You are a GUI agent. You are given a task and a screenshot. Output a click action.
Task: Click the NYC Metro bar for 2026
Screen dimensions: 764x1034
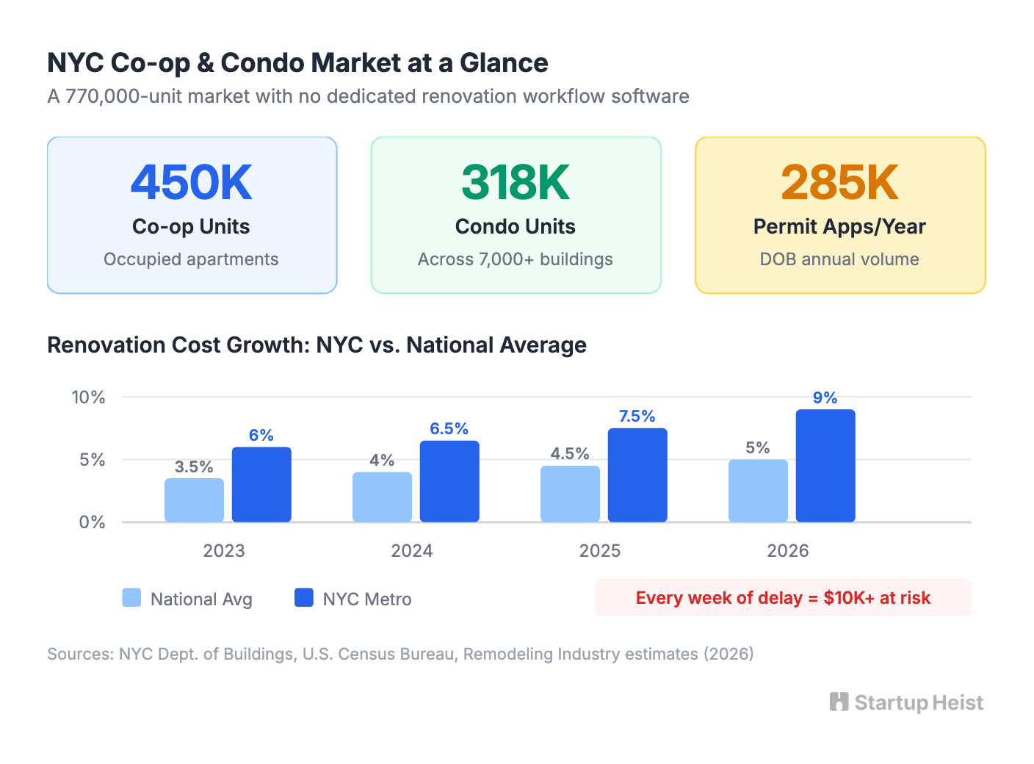825,466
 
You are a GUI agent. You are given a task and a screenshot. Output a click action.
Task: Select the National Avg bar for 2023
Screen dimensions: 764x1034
194,500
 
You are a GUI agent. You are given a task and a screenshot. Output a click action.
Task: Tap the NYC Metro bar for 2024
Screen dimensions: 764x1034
449,481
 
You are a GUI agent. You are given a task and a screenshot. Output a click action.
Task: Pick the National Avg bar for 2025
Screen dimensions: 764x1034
570,494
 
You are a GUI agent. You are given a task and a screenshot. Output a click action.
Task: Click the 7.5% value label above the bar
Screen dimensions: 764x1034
637,416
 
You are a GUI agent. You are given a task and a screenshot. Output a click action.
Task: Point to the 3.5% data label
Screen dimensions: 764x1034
194,466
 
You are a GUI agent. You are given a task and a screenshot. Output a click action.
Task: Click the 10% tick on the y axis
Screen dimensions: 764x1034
88,397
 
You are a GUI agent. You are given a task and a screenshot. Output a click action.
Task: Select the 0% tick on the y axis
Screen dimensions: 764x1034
93,522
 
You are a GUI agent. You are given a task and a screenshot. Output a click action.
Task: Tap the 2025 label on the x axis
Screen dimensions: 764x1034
599,551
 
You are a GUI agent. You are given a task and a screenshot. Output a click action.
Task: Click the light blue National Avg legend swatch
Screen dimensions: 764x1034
131,598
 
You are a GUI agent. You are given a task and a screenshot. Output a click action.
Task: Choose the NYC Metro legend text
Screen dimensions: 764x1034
367,599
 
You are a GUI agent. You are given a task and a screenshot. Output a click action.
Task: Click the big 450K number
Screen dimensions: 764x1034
192,182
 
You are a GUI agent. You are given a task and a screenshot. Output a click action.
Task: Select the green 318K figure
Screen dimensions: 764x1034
516,182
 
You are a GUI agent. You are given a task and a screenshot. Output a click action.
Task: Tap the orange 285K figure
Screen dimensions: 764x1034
839,182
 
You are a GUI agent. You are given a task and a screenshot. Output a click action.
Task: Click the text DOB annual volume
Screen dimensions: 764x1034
839,259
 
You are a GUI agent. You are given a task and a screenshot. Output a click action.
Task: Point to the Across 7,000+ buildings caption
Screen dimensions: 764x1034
516,259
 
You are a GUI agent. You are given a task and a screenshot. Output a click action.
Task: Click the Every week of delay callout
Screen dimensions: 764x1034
783,598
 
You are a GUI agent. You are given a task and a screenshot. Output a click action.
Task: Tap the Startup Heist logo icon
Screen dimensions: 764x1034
839,702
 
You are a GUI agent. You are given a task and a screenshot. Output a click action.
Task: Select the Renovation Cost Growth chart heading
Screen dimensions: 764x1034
317,345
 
